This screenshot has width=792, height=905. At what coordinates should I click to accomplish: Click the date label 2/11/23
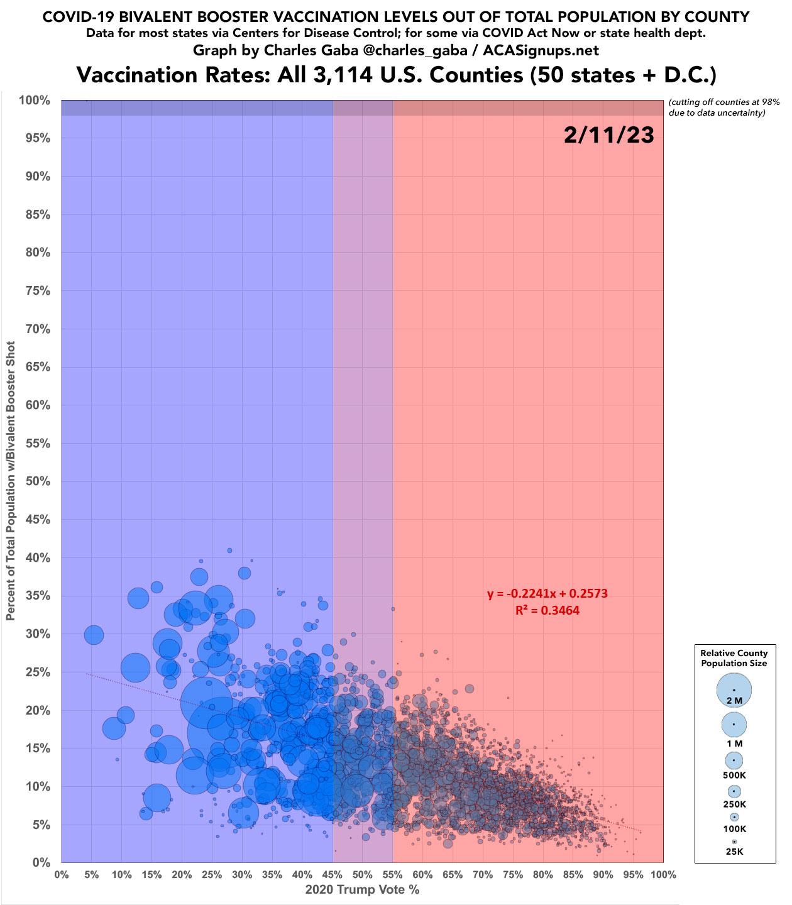pos(608,136)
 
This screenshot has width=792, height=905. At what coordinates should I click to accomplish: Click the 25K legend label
pos(734,852)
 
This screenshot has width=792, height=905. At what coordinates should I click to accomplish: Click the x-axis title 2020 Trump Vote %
pos(362,889)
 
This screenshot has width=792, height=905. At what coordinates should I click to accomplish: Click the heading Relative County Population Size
pos(734,658)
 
